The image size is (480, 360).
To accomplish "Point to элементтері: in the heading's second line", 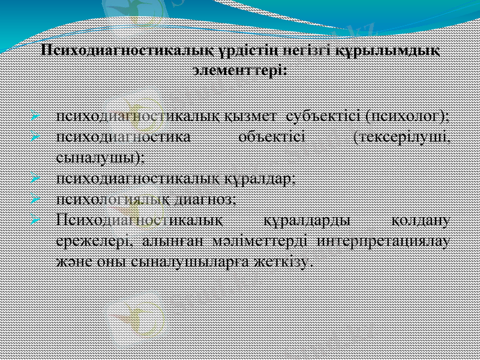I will coord(239,70).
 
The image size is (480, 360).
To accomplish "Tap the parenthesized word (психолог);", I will coord(409,115).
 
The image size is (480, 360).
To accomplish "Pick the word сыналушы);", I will coord(99,157).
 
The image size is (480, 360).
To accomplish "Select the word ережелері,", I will coord(95,241).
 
